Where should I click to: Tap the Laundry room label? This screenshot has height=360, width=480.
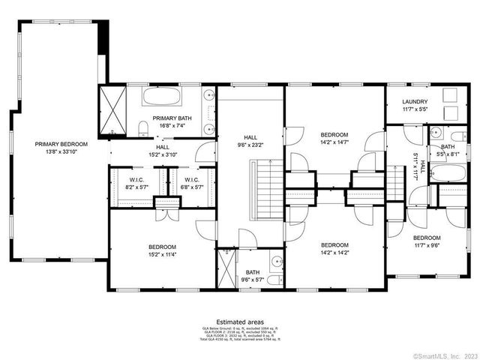pos(415,102)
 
